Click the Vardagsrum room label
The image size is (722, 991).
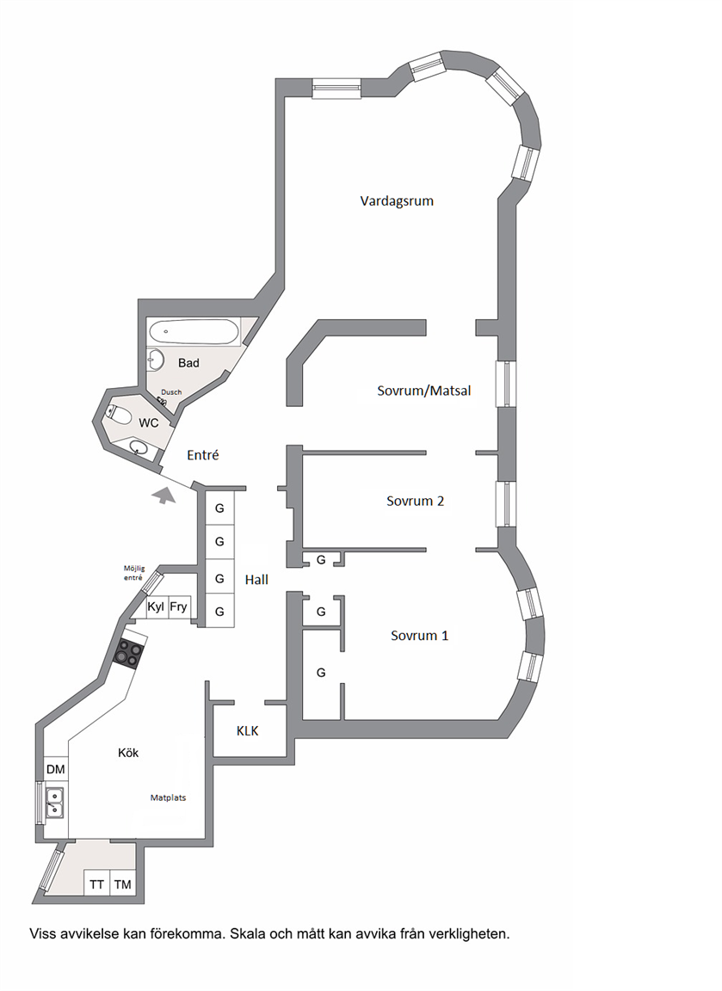click(x=397, y=201)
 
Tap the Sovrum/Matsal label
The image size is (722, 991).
click(x=423, y=391)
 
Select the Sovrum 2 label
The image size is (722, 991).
click(x=415, y=502)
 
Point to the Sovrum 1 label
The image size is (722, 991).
click(x=419, y=636)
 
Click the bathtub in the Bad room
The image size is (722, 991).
click(x=194, y=332)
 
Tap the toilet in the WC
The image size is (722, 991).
click(x=120, y=415)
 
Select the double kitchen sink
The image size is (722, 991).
click(x=53, y=803)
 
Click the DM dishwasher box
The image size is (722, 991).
click(x=56, y=769)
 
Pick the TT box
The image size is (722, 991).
click(x=96, y=884)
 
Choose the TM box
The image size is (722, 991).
click(x=123, y=884)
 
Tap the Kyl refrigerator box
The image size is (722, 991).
click(x=156, y=607)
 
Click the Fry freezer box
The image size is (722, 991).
click(x=178, y=607)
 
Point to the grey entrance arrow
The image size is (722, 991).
click(x=164, y=495)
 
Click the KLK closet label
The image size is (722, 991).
click(x=247, y=731)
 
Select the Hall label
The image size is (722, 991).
click(x=256, y=580)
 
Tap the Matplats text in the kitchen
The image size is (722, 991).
click(x=168, y=797)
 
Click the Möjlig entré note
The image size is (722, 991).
click(x=133, y=573)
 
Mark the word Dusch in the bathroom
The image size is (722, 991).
click(x=171, y=392)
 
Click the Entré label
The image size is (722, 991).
click(x=203, y=455)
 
